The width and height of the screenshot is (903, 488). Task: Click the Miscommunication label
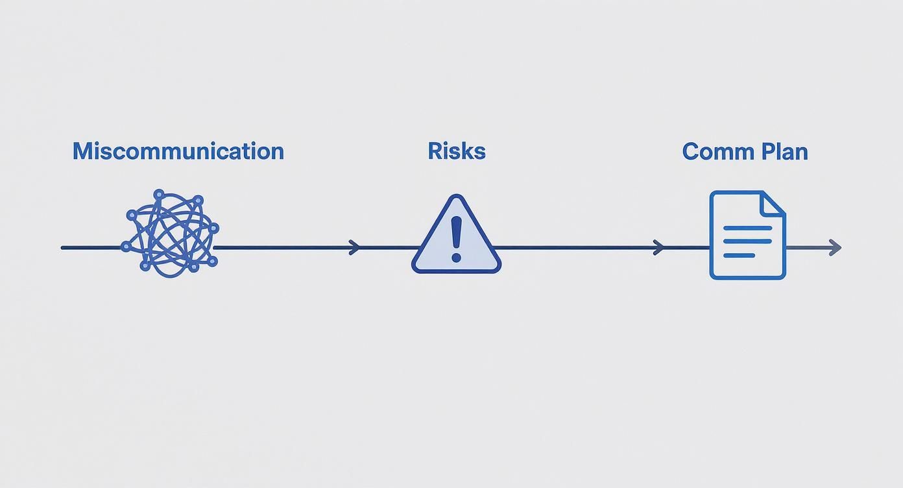(x=178, y=151)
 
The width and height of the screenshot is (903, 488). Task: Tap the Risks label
(x=457, y=151)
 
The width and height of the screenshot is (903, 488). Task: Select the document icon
(x=747, y=235)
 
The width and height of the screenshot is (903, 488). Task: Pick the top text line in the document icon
(x=747, y=228)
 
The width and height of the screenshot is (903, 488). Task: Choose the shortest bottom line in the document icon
(x=739, y=255)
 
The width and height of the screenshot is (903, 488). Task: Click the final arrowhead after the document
(x=836, y=247)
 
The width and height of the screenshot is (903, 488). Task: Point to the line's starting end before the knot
(x=63, y=247)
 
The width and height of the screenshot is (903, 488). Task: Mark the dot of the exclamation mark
(x=456, y=258)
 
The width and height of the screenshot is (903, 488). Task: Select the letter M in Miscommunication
(x=82, y=151)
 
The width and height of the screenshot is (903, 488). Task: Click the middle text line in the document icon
(x=747, y=241)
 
